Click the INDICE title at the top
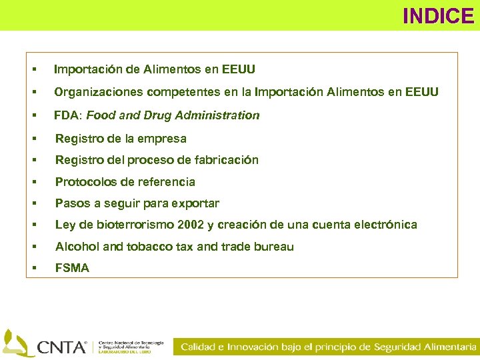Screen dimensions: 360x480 [x=437, y=15]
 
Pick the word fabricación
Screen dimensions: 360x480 [x=226, y=160]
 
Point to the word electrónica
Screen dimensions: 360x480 [x=385, y=225]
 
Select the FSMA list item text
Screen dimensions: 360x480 [x=72, y=268]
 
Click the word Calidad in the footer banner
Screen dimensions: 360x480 [x=198, y=347]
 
